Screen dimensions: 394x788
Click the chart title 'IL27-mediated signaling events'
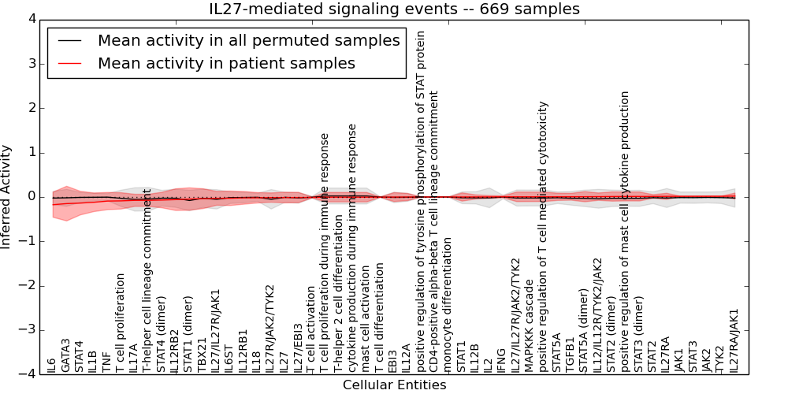393,9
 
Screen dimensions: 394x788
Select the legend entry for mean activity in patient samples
226,63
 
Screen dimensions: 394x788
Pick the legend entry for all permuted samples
248,41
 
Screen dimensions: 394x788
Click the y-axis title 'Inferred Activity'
7,197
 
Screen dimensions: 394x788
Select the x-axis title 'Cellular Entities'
394,385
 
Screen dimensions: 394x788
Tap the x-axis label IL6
52,365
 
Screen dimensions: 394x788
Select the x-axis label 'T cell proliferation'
120,323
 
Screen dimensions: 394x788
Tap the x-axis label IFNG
502,359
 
